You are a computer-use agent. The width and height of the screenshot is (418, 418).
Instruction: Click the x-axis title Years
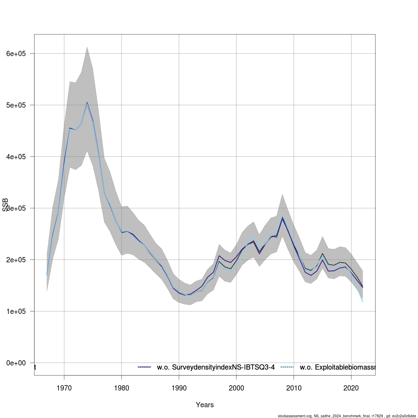click(x=205, y=405)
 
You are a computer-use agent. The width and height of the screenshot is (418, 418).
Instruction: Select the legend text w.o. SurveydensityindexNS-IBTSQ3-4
click(x=216, y=367)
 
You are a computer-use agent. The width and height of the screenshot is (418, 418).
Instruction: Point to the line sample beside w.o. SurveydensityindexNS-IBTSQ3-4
click(x=144, y=367)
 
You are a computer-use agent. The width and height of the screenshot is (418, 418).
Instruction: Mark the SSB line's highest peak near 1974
click(x=87, y=102)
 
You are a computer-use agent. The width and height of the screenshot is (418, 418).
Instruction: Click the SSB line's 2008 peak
click(x=282, y=217)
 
